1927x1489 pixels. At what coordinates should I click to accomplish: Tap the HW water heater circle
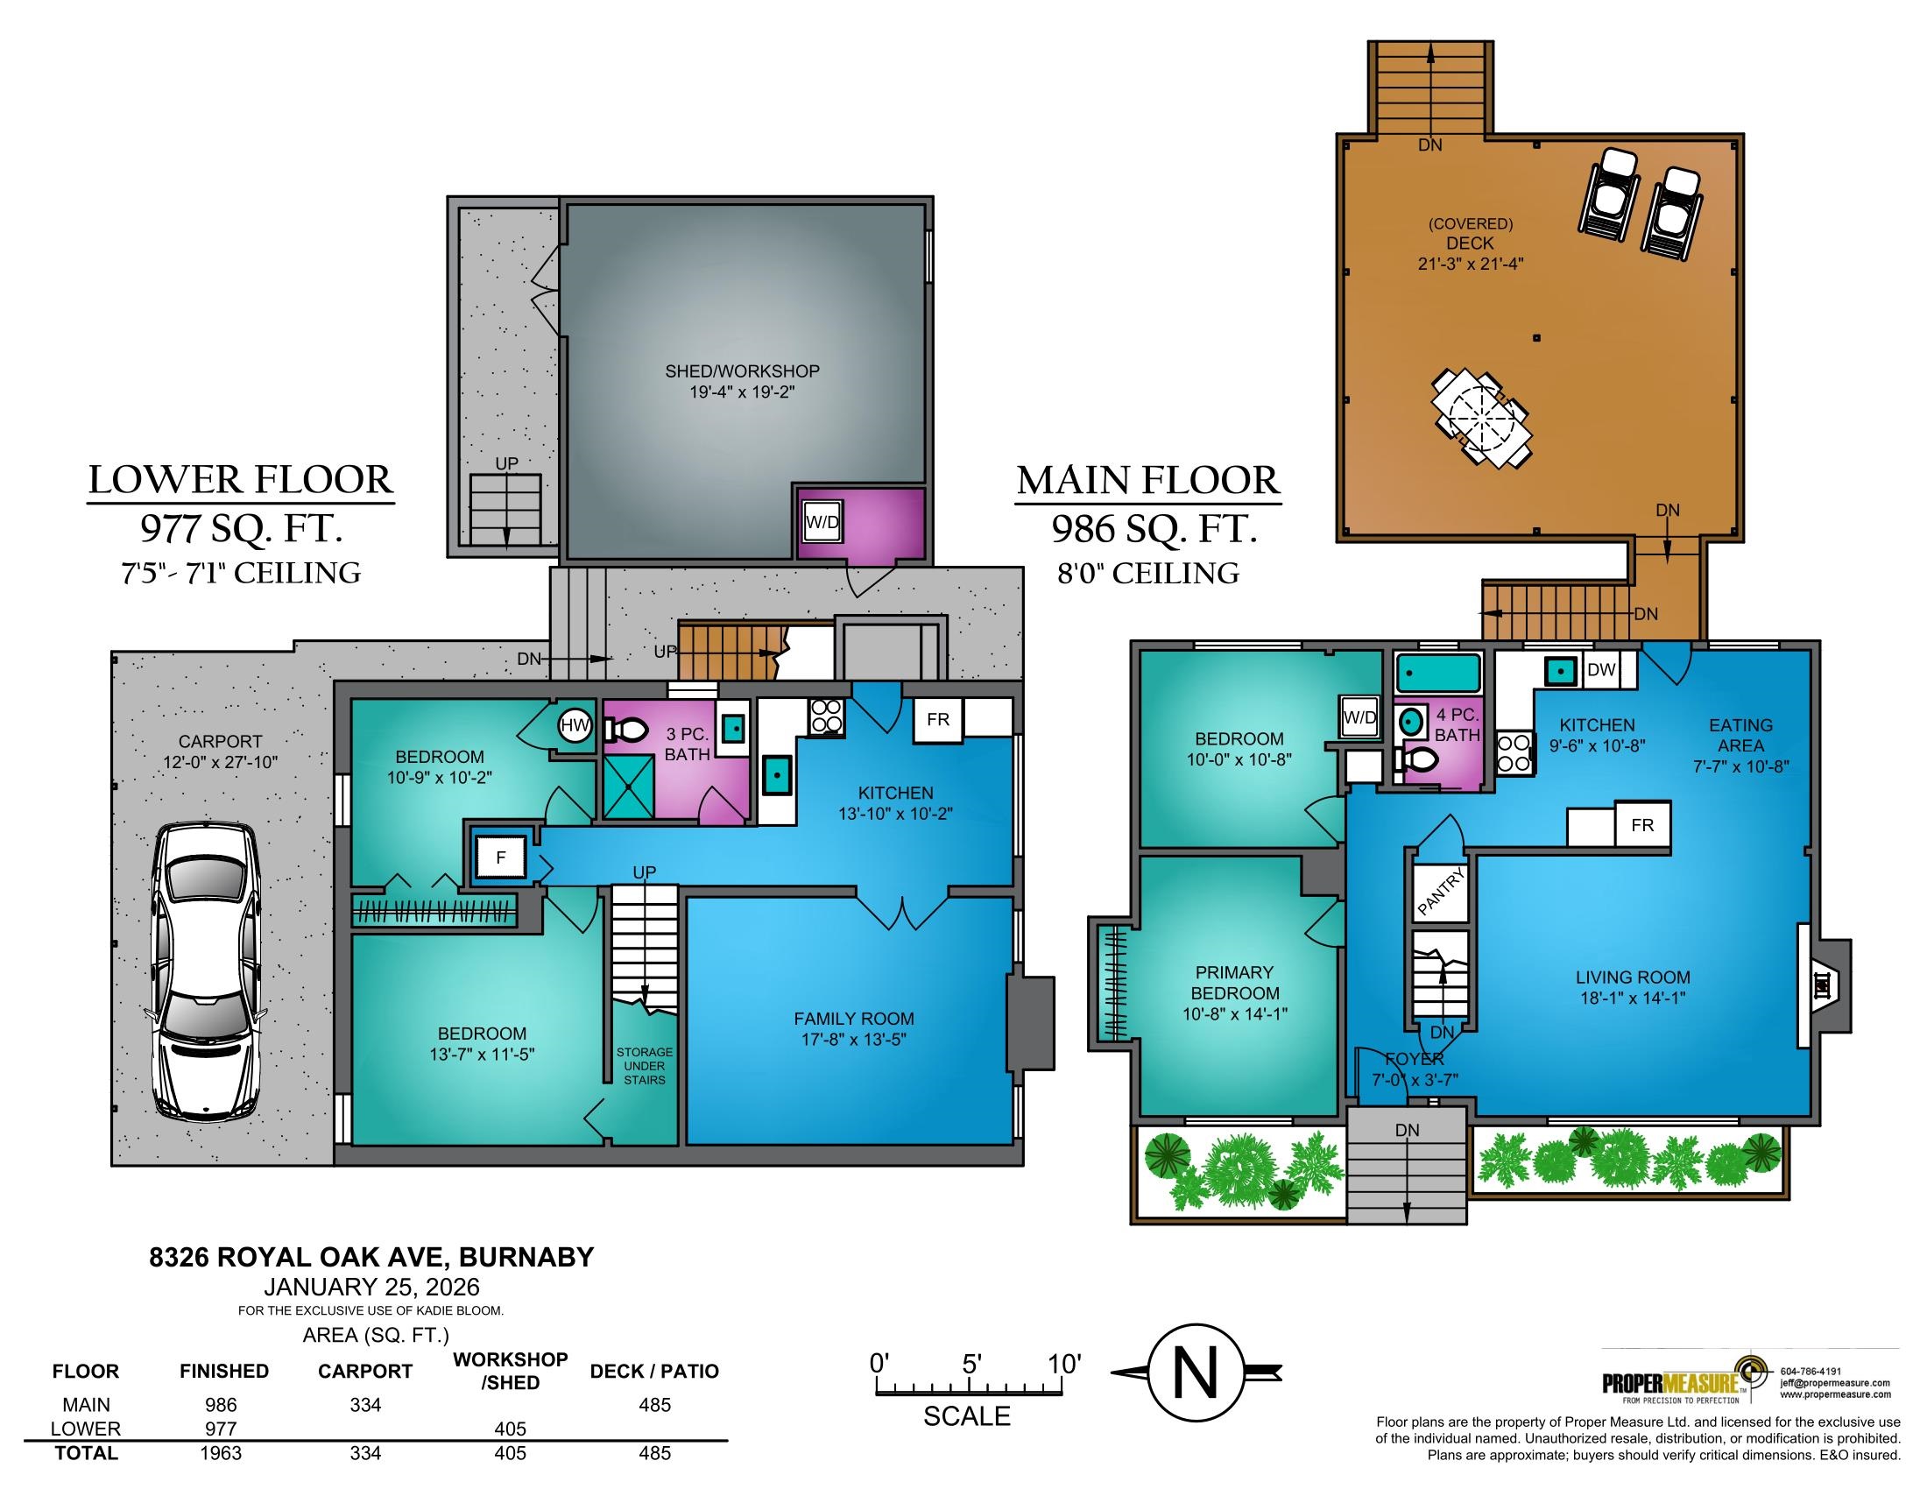575,726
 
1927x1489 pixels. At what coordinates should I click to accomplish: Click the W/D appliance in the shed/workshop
822,522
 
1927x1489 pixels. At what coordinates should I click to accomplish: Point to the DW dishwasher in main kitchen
1600,669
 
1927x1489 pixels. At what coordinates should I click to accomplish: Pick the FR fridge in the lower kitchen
938,720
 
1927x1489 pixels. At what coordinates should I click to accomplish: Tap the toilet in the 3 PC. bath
626,729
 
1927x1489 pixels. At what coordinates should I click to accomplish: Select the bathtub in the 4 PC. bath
1438,673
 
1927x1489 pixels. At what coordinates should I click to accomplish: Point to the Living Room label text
1634,977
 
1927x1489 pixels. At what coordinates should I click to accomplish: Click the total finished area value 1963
221,1453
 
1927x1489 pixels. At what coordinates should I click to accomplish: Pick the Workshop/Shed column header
510,1371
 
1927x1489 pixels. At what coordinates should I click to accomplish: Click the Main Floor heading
1148,481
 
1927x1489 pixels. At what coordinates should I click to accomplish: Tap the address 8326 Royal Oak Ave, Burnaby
371,1257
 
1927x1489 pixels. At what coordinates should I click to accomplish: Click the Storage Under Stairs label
644,1066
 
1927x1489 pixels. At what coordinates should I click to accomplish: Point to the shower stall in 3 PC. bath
628,788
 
